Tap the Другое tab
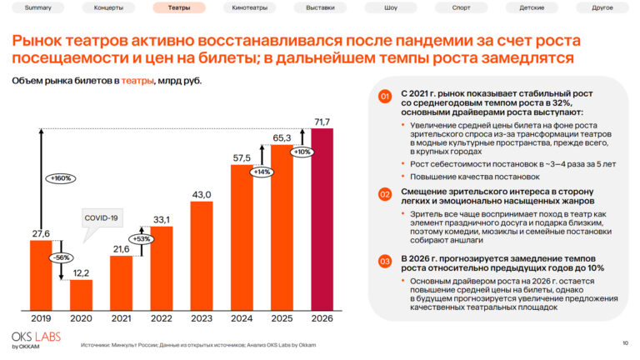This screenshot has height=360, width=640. pos(602,7)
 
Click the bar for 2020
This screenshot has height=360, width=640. pos(81,293)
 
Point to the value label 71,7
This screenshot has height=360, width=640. pos(322,122)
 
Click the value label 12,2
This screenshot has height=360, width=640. pos(81,273)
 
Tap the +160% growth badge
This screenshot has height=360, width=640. pos(61,178)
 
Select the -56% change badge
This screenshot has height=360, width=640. pos(61,258)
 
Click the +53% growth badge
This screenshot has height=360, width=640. pos(142,239)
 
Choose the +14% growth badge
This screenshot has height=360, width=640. pos(262,172)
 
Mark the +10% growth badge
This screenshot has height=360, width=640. pos(302,152)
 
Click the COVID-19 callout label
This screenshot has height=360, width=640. pos(102,217)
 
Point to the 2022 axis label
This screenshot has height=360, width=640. pos(162,317)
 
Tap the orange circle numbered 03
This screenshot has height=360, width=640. pos(384,262)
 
